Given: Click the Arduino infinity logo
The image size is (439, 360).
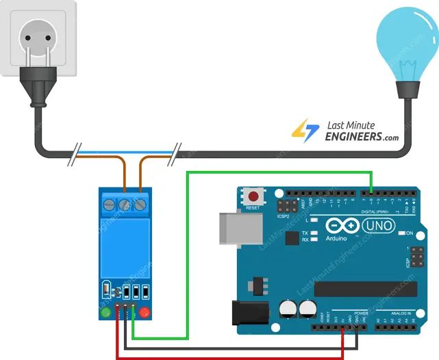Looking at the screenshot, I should point(342,225).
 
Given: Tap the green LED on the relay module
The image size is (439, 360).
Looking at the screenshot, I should point(105,313).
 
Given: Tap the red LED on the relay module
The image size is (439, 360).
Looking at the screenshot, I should point(145,313).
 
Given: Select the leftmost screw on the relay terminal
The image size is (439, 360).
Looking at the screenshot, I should point(110,203).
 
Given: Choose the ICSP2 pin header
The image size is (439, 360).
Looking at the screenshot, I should point(286,205).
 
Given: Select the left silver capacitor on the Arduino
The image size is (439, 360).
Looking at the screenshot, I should point(288,311).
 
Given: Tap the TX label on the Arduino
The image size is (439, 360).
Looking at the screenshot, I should point(305,233).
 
